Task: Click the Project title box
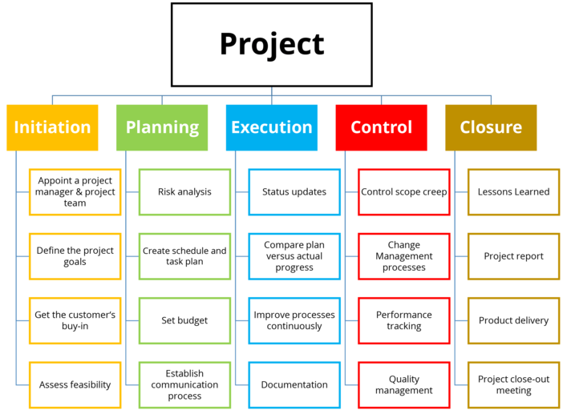coord(272,45)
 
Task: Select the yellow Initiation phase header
coord(52,127)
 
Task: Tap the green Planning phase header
coord(162,127)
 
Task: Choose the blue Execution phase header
coord(272,127)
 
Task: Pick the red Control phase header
coord(381,127)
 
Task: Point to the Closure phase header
coord(491,127)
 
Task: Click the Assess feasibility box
coord(75,385)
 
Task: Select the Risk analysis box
coord(184,192)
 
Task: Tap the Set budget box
coord(184,320)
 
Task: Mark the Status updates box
coord(294,192)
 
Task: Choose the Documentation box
coord(294,385)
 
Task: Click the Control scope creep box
coord(404,192)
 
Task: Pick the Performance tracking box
coord(404,320)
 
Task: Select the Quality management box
coord(404,385)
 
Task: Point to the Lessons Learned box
coord(514,192)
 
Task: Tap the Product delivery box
coord(514,320)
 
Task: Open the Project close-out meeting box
coord(514,385)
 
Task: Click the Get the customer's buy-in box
coord(75,320)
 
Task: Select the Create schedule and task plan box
coord(184,256)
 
